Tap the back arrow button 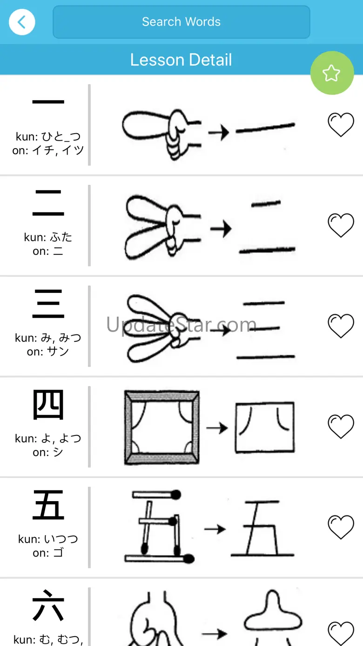22,22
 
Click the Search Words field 181,22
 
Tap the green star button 332,73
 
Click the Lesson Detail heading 181,60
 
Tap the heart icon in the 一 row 341,124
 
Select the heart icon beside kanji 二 341,225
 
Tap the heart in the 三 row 341,326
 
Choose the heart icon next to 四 341,427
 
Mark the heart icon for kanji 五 341,527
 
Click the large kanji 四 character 48,404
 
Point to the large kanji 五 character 48,505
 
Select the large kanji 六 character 48,605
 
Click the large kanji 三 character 48,304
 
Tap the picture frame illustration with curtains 162,428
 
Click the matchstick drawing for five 159,526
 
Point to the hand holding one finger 161,135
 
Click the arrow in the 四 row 217,428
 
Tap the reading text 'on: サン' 48,352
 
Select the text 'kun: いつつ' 48,539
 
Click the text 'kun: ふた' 48,237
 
